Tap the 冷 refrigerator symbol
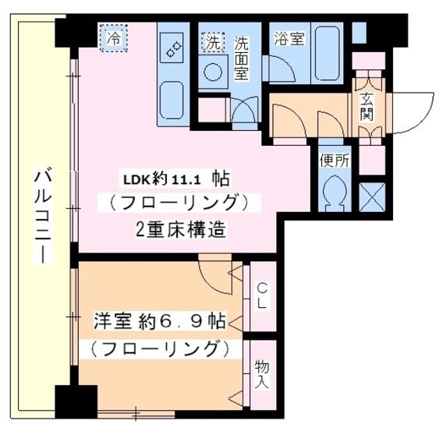pyautogui.click(x=114, y=37)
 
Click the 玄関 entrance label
pyautogui.click(x=366, y=106)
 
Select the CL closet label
pyautogui.click(x=262, y=295)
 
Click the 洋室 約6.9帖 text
pyautogui.click(x=160, y=320)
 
